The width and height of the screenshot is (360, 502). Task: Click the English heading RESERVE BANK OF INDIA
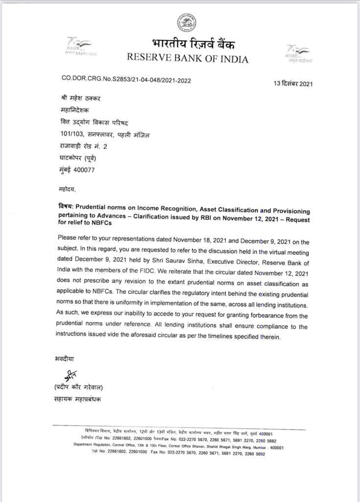tap(188, 59)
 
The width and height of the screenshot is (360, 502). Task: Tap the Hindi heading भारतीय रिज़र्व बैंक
tap(193, 45)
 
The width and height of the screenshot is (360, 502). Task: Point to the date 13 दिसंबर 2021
tap(293, 83)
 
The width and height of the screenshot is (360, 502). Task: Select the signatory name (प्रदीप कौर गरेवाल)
tap(79, 388)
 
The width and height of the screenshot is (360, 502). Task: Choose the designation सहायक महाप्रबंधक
tap(78, 399)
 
